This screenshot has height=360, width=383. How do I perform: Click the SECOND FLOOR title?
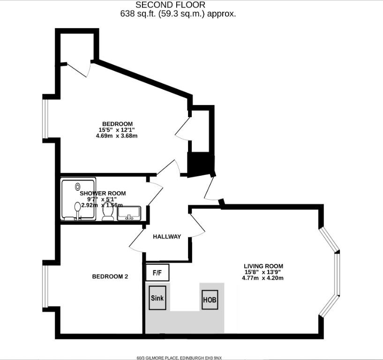pos(170,5)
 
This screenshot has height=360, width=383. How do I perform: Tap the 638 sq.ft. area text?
pos(178,14)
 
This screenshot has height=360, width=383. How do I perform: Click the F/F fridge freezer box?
pos(158,272)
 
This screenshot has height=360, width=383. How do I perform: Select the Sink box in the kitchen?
pos(158,298)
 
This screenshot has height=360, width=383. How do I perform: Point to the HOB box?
pos(210,300)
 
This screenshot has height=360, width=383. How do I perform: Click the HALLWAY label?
pos(167,236)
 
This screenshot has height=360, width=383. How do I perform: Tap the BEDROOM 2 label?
pos(110,277)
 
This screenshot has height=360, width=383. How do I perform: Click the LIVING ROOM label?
pos(263,266)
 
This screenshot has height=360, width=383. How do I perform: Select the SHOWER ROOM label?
pos(103,194)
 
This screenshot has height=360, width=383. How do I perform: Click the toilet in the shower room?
pos(107,211)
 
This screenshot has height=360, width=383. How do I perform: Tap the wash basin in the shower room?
pos(129,213)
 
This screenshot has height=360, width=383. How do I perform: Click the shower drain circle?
pos(78,187)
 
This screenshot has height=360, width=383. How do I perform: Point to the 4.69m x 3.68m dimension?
pos(117,136)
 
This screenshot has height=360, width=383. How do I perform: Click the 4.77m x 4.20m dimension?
pos(263,278)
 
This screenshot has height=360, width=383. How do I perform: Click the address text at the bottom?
pos(179,358)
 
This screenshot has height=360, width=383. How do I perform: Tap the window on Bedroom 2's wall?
pos(45,286)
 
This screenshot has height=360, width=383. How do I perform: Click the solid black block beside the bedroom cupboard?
pos(201,164)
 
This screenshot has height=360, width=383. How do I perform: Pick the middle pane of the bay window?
pos(337,274)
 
